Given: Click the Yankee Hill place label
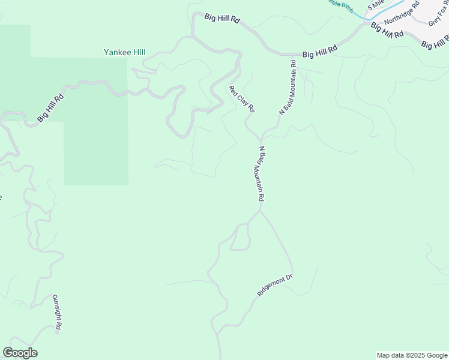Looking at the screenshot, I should (124, 53).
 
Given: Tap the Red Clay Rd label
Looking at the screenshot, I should (242, 99).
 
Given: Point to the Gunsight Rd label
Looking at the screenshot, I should (57, 313).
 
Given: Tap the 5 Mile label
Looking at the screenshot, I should (376, 6).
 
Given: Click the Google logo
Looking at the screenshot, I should (20, 353).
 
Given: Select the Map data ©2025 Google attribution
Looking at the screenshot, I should (411, 355).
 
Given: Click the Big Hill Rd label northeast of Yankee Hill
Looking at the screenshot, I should (222, 19).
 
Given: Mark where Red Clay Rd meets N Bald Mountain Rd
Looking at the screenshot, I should (261, 137).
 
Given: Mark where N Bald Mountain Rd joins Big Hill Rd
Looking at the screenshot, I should (293, 55).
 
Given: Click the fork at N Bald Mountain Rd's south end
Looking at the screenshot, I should (260, 211).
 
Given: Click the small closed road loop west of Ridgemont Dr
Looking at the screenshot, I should (241, 237).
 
